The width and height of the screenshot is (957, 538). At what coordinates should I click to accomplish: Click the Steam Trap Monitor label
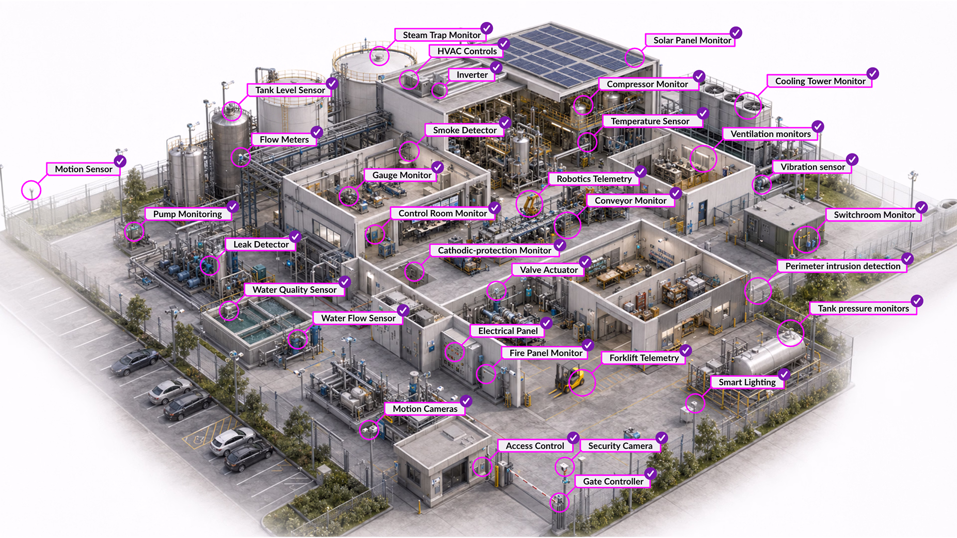(442, 35)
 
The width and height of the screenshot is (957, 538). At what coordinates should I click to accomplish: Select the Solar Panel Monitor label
(692, 40)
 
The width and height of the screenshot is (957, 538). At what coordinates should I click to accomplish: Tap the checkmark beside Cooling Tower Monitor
(872, 74)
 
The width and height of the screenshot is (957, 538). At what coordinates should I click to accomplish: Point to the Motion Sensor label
(83, 169)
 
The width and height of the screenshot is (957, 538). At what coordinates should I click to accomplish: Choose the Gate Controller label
(613, 482)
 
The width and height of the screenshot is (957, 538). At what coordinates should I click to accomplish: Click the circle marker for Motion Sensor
(31, 190)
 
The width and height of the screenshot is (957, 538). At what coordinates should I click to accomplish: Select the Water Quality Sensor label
(294, 290)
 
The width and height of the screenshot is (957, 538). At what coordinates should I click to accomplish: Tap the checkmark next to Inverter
(496, 67)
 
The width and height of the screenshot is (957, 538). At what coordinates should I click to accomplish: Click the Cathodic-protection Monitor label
(494, 251)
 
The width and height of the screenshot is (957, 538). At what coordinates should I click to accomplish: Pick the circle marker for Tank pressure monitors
(791, 333)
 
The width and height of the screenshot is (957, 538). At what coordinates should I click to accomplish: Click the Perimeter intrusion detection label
(842, 267)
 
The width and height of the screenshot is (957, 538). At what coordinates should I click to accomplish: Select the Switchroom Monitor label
(874, 215)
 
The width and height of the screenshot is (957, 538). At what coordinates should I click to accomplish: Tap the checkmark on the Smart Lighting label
(784, 375)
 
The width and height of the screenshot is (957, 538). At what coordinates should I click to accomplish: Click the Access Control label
(535, 446)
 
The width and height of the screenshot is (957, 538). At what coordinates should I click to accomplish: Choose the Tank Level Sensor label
(290, 90)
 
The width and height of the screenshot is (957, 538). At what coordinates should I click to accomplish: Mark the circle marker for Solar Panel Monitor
(635, 58)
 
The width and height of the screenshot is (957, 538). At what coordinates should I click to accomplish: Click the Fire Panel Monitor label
(545, 353)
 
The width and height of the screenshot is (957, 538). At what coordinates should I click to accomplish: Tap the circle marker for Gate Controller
(559, 502)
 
